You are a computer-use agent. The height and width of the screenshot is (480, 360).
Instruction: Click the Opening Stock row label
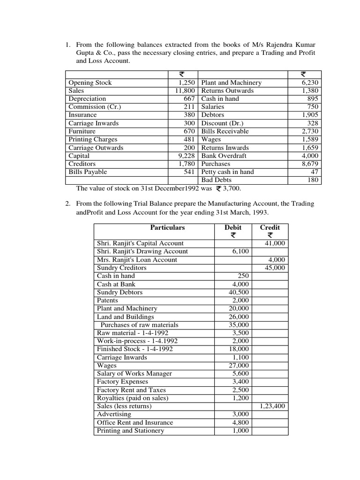[x=90, y=82]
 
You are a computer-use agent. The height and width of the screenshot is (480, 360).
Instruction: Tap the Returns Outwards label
[x=227, y=90]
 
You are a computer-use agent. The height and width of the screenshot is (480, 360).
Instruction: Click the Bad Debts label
[x=216, y=180]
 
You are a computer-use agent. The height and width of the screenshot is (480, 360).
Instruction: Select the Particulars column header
[x=167, y=228]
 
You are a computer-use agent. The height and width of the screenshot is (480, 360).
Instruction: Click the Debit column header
[x=233, y=228]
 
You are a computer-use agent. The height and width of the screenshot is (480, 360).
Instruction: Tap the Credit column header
[x=270, y=228]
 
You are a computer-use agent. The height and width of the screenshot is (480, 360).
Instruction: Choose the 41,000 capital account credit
[x=275, y=243]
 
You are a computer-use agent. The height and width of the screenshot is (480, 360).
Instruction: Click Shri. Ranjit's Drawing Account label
[x=142, y=251]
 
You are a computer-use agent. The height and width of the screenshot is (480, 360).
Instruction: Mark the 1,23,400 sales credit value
[x=272, y=406]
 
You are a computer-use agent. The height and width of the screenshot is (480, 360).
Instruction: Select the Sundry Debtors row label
[x=120, y=292]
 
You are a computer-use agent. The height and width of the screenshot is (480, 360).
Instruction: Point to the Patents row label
[x=107, y=300]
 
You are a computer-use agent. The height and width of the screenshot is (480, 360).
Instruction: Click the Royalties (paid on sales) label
[x=132, y=398]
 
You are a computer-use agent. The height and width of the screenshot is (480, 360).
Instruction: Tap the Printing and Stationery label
[x=130, y=430]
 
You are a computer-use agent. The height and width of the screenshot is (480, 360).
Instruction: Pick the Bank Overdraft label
[x=224, y=156]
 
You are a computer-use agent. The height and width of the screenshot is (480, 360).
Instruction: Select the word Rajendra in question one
[x=280, y=45]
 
